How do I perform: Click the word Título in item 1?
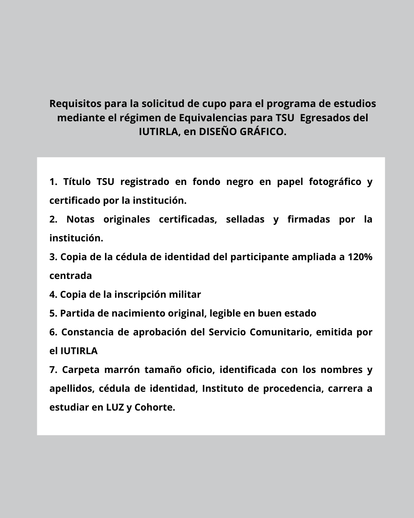pos(77,181)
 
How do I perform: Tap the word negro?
pos(240,181)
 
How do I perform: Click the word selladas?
pos(245,219)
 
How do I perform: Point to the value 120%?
pos(360,257)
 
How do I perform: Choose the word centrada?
pos(71,275)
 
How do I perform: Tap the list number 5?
pos(53,313)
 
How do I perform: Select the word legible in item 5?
pos(225,313)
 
